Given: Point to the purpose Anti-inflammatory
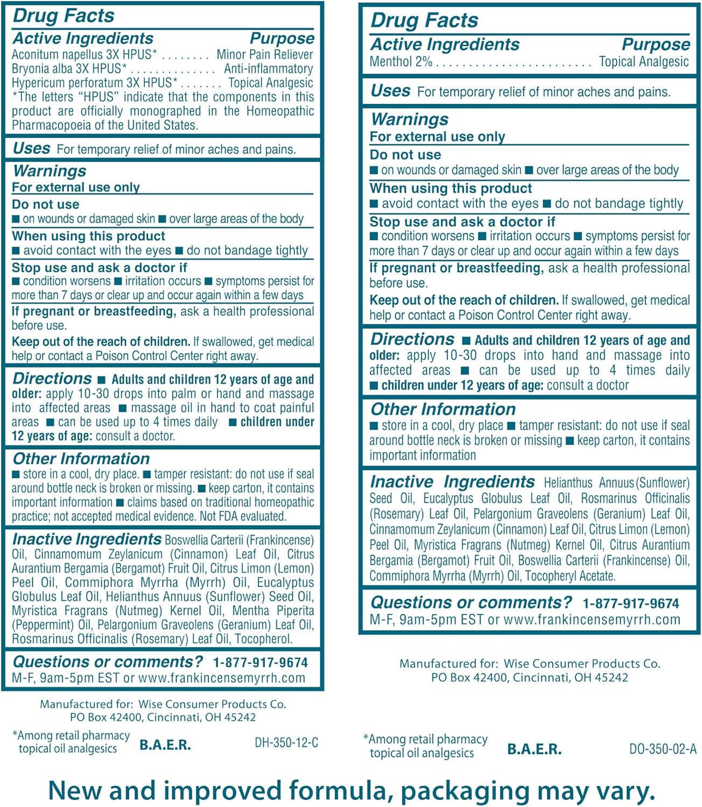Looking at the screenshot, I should (268, 69).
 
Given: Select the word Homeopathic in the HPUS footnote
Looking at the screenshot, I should (280, 111).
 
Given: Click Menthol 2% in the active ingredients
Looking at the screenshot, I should (401, 62).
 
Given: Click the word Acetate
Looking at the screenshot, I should (597, 576).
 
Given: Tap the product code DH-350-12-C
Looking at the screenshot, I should (286, 743).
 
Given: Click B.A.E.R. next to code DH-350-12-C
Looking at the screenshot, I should (165, 745).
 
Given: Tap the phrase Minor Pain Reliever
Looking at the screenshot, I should (264, 55).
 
